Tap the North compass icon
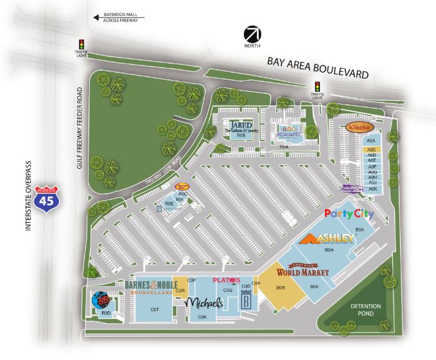251,34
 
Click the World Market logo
302,271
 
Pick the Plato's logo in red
226,280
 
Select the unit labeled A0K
371,189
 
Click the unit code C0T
154,309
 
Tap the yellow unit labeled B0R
280,287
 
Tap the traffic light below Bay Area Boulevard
317,88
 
